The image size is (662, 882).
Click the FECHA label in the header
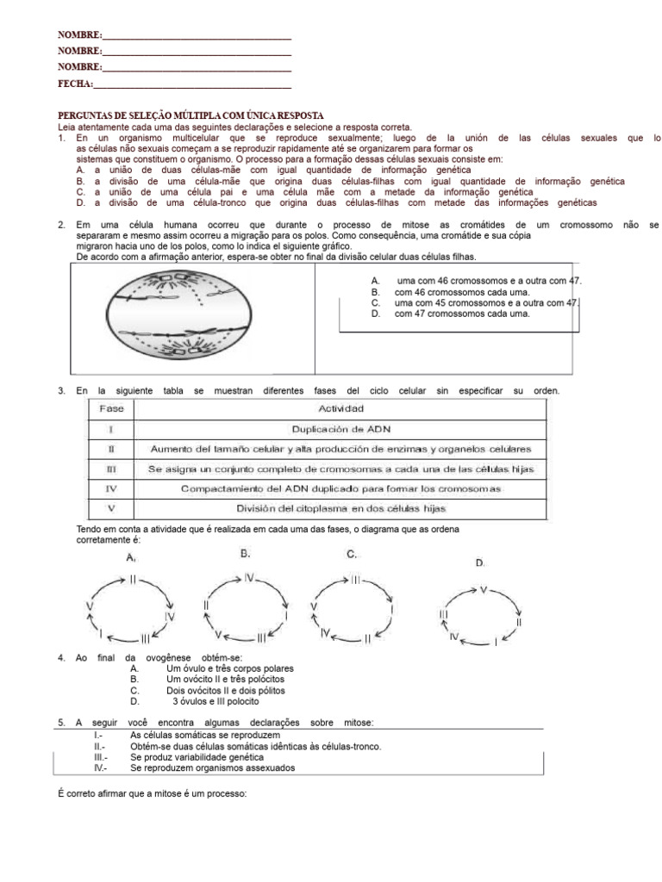tap(74, 84)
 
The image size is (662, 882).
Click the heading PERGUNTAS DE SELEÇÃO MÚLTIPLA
tap(190, 115)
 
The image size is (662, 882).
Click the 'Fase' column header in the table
tap(112, 407)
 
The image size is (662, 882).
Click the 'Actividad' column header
tap(340, 407)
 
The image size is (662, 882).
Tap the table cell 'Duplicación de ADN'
tap(340, 428)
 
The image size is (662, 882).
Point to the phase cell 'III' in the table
tap(112, 469)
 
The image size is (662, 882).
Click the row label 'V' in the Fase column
tap(112, 509)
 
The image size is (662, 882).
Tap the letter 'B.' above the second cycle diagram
tap(246, 554)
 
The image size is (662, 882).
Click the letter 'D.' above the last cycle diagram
tap(480, 562)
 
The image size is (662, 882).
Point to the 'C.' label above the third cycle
tap(352, 555)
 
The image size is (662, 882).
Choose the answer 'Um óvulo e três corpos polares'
tap(229, 668)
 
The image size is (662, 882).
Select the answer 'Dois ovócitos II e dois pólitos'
tap(225, 690)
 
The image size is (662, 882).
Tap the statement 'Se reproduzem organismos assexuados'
tap(212, 767)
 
